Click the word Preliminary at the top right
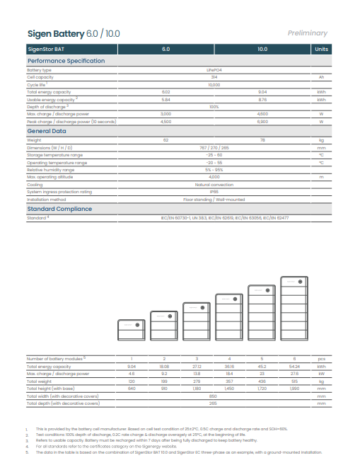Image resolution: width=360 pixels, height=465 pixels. click(x=308, y=33)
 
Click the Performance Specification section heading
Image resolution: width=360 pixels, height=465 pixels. click(x=65, y=61)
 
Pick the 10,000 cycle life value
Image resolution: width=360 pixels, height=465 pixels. click(x=214, y=85)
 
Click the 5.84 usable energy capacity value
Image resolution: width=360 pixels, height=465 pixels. click(x=166, y=99)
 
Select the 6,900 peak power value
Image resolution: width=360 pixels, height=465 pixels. click(x=262, y=121)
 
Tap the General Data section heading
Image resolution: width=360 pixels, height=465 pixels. click(x=47, y=131)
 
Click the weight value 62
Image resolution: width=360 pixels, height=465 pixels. click(x=166, y=141)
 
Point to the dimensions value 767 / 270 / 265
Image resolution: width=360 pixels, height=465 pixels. click(x=214, y=147)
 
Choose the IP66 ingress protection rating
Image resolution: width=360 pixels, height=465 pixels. click(x=214, y=191)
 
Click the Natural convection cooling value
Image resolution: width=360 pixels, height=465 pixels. click(x=214, y=184)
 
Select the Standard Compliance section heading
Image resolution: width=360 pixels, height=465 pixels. click(x=59, y=209)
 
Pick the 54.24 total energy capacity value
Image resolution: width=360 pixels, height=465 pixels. click(x=294, y=367)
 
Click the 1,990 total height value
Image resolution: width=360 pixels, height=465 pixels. click(x=294, y=389)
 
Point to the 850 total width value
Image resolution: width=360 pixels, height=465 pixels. click(x=214, y=396)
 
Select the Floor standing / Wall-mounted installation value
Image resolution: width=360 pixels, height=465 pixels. click(x=214, y=199)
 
